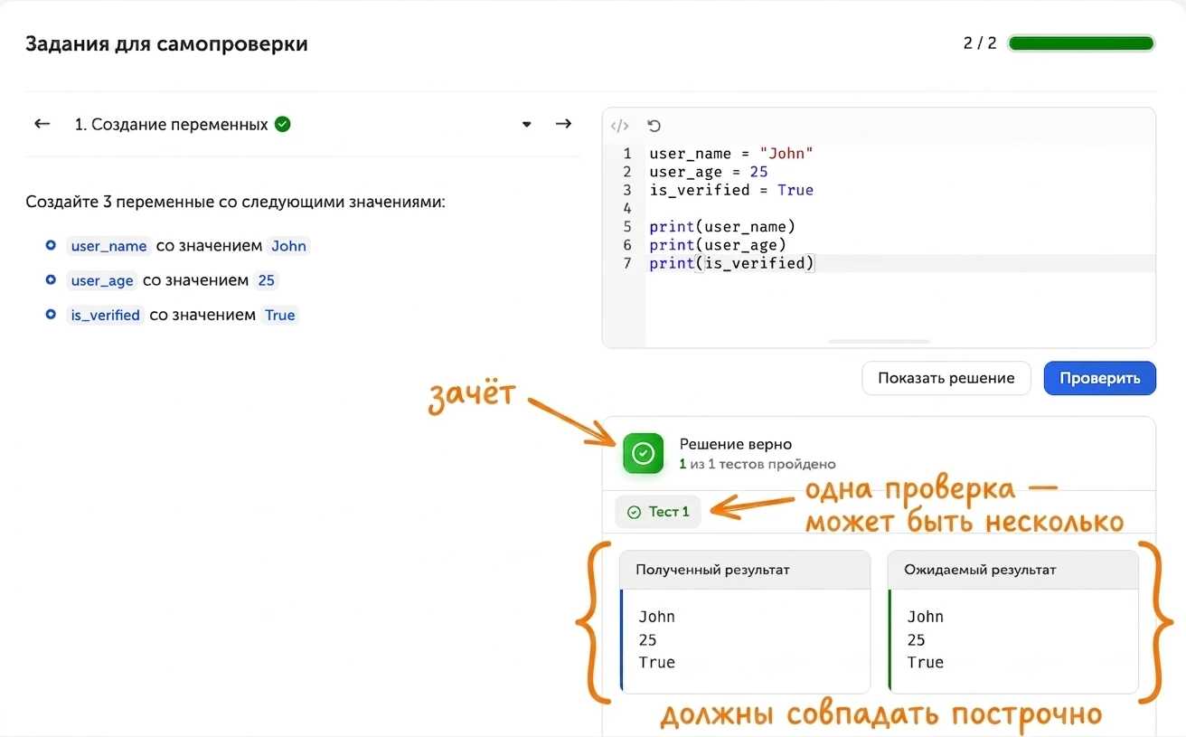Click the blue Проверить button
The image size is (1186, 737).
(x=1099, y=378)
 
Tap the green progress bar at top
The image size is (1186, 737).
(x=1080, y=43)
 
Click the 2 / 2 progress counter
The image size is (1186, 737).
(x=980, y=43)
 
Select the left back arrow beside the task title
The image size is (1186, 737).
(x=42, y=124)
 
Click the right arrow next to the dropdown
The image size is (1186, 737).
(x=563, y=124)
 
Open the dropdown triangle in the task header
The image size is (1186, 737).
(x=526, y=125)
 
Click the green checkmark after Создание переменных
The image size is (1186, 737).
(x=283, y=124)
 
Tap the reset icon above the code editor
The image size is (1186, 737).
(x=654, y=126)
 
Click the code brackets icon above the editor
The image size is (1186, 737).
(x=619, y=126)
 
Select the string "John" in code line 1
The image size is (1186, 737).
(x=786, y=154)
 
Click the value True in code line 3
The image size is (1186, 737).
(x=795, y=190)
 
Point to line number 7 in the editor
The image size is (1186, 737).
(x=626, y=263)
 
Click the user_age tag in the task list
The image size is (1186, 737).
(x=102, y=280)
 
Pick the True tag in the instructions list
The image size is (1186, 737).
(x=280, y=316)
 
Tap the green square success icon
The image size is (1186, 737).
(x=643, y=453)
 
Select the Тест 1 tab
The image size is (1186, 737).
(x=657, y=512)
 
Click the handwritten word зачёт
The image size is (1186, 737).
(x=472, y=395)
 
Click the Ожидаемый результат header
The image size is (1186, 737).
(x=980, y=570)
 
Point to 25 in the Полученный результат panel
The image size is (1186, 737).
(x=647, y=640)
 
